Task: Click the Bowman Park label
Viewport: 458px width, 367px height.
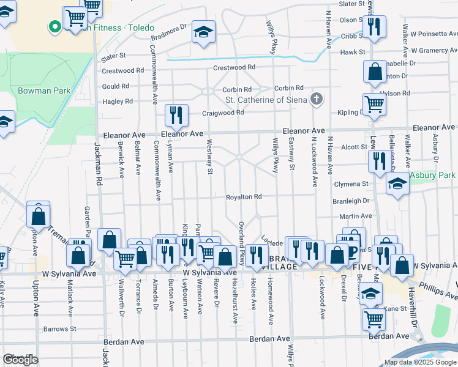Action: click(36, 91)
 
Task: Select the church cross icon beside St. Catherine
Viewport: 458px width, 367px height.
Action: click(317, 98)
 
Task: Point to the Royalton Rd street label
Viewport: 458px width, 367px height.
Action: click(244, 197)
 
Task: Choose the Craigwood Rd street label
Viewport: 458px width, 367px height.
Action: click(223, 113)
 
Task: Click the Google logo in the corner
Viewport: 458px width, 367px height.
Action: click(21, 360)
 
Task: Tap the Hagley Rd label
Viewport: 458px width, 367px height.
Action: click(118, 102)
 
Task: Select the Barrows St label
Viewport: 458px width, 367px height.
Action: click(59, 328)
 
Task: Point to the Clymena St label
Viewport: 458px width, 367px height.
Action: click(351, 183)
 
